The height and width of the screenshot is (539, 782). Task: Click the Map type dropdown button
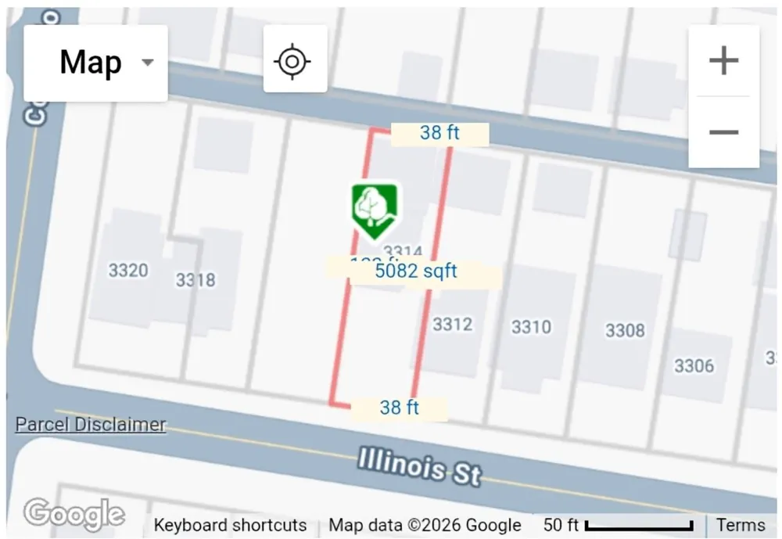(95, 63)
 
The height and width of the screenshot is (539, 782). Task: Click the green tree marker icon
(374, 209)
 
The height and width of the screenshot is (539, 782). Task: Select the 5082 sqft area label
(416, 271)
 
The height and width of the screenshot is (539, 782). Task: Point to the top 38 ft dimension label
(439, 133)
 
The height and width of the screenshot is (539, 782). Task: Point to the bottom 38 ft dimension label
(400, 408)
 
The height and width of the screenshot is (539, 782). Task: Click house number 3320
(128, 271)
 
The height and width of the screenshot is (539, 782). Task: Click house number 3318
(195, 280)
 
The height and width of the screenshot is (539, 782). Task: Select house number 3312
(453, 324)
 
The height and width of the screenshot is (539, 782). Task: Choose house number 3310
(531, 327)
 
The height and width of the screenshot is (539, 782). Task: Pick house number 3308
(625, 330)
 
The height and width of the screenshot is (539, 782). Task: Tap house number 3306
(694, 365)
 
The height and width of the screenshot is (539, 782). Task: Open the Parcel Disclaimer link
(91, 425)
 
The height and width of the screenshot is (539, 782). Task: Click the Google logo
(74, 514)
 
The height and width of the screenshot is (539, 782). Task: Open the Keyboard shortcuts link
(230, 525)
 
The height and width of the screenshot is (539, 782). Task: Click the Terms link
(741, 525)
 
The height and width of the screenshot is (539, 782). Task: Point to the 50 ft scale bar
(638, 525)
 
